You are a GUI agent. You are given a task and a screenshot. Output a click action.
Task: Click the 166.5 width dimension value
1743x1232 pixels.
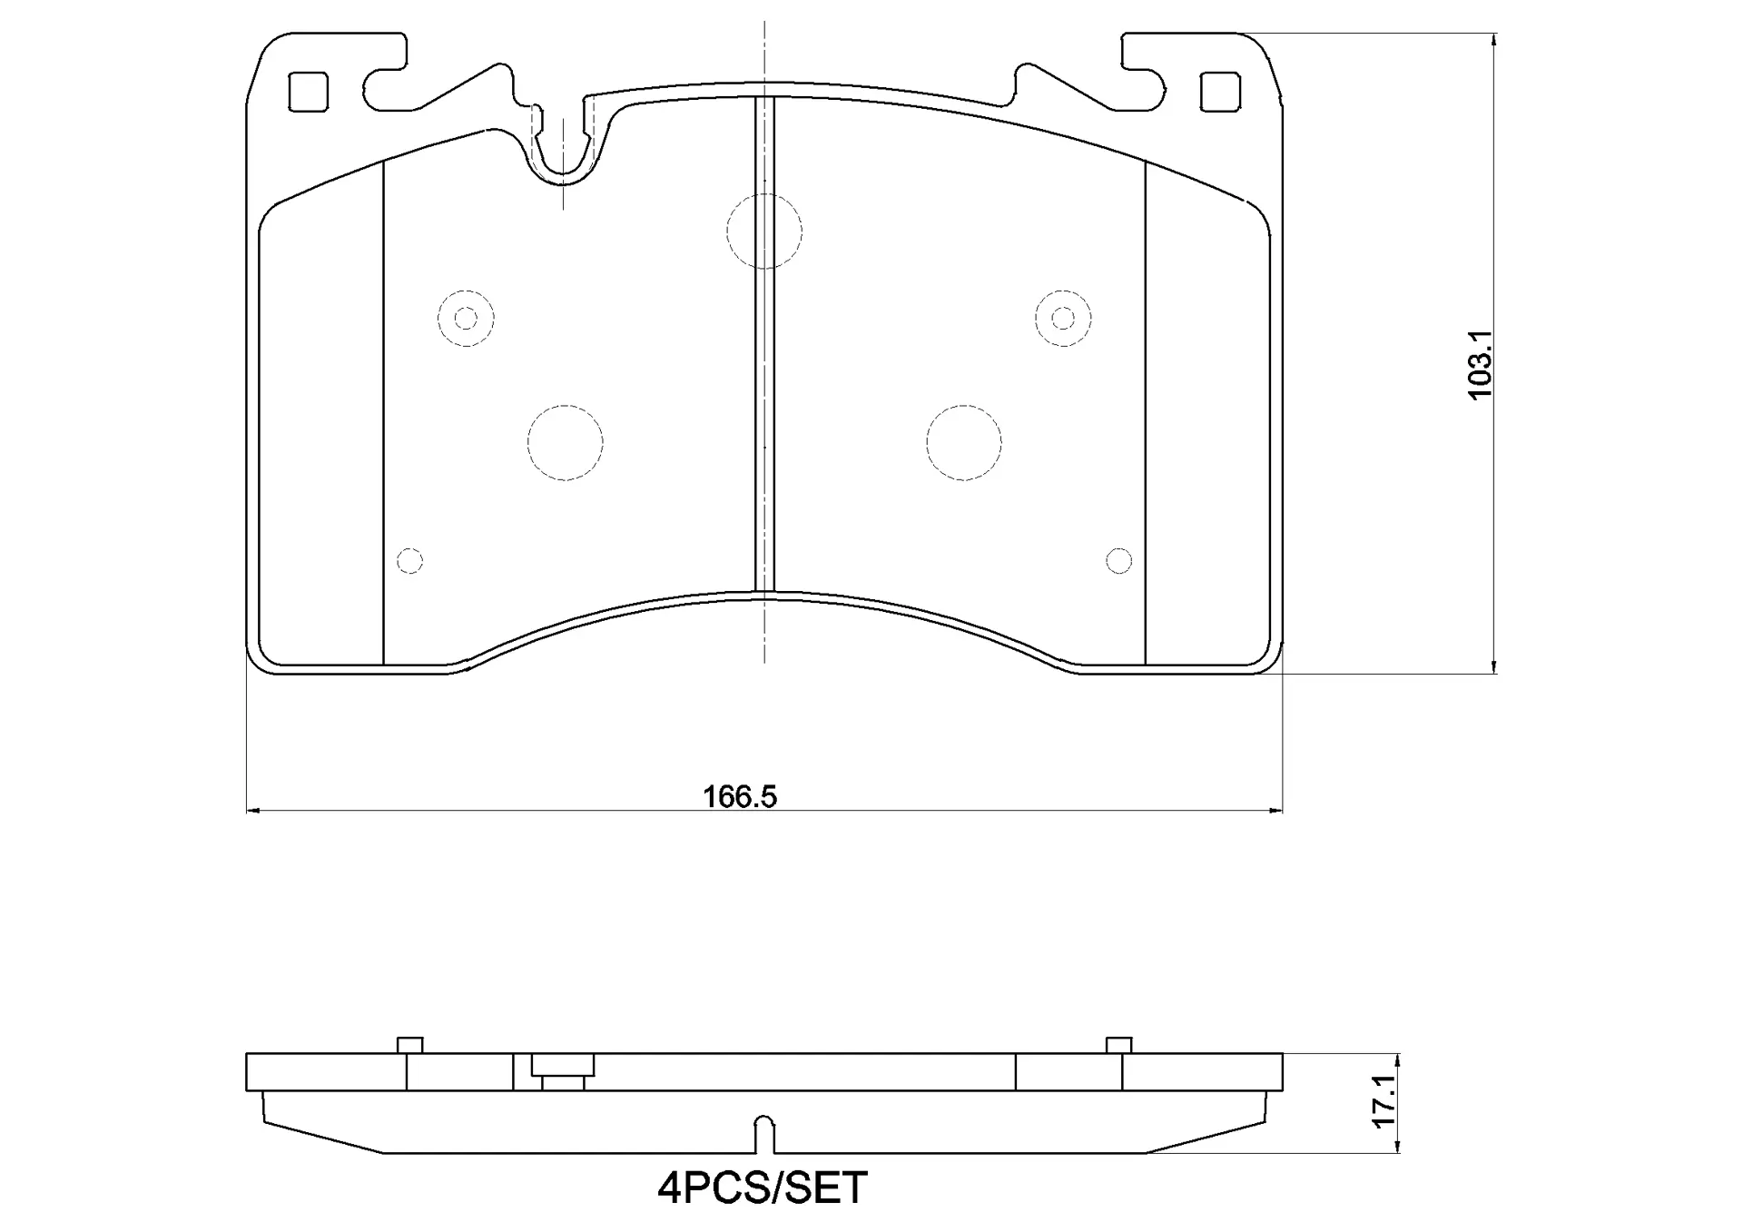[x=740, y=797]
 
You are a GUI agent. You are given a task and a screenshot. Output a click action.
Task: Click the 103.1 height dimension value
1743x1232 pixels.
[x=1480, y=363]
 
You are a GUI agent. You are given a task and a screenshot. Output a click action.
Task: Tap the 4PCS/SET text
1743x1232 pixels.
[x=763, y=1188]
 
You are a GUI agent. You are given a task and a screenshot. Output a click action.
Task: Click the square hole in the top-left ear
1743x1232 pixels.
[x=308, y=92]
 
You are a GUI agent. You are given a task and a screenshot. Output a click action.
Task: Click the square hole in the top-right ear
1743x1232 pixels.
[x=1220, y=92]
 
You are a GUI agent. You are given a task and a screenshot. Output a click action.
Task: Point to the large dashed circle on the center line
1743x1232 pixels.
[x=764, y=231]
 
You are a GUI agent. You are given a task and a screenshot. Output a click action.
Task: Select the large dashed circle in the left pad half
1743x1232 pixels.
[x=565, y=442]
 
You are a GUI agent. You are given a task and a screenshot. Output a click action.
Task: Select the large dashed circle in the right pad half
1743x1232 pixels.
[x=964, y=442]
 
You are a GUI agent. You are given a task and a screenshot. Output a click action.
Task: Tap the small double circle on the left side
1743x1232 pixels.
[x=466, y=318]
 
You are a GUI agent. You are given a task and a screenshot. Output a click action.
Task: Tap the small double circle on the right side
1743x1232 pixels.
[x=1063, y=318]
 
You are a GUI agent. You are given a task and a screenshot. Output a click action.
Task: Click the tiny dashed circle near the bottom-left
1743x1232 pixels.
[x=410, y=561]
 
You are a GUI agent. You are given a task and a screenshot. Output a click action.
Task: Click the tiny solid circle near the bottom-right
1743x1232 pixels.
[x=1118, y=561]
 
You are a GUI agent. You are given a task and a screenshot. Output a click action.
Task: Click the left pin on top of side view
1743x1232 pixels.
[x=410, y=1045]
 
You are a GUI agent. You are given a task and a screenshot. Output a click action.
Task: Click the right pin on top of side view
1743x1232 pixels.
[x=1118, y=1045]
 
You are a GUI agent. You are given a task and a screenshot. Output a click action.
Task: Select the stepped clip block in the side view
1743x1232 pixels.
[x=563, y=1071]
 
